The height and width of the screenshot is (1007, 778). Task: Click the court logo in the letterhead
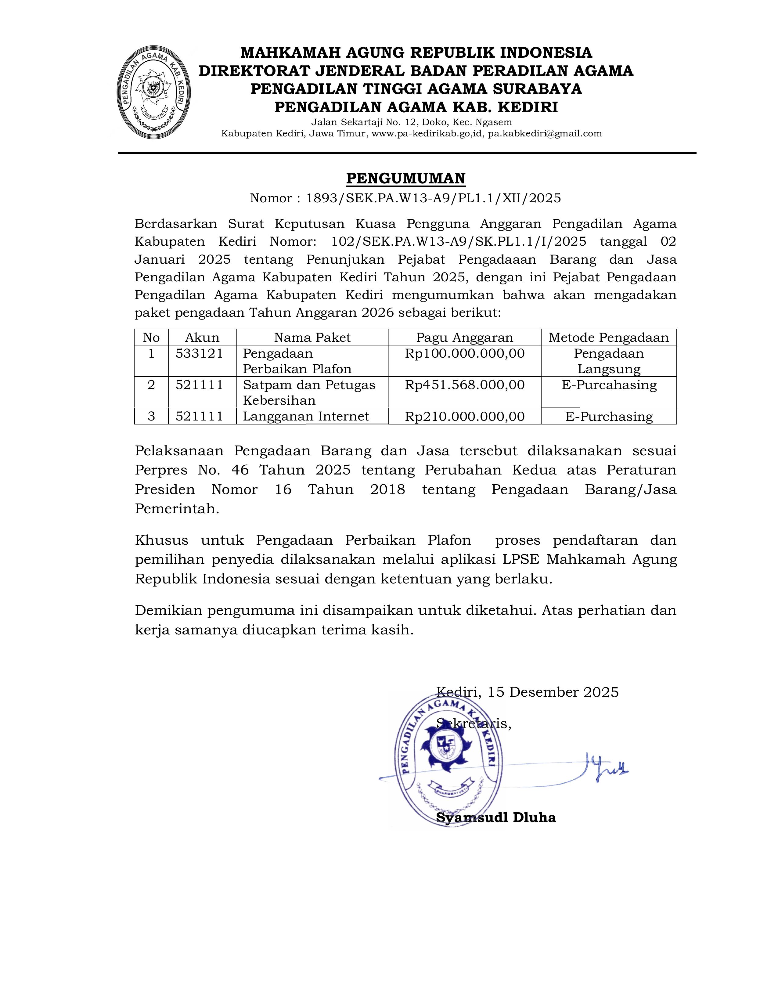pos(153,92)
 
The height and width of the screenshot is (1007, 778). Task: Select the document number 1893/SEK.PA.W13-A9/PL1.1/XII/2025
pos(433,198)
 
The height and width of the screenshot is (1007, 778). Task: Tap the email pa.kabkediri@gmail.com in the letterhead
pos(545,134)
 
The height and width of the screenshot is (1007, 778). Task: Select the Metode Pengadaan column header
pos(608,337)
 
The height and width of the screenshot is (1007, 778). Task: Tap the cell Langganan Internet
pos(306,416)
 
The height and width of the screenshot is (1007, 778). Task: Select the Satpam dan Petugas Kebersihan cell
pos(308,392)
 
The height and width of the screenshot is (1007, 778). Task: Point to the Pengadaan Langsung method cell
pos(608,361)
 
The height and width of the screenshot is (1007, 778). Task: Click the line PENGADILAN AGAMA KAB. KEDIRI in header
pos(416,107)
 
